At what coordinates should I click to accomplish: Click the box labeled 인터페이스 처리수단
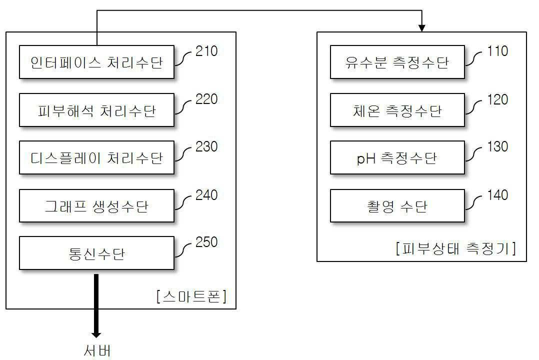96,62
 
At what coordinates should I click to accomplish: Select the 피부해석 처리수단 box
96,110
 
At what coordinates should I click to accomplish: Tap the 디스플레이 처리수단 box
96,158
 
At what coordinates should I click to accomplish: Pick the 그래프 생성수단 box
96,205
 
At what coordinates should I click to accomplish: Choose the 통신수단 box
96,253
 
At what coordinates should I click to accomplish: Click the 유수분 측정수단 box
397,62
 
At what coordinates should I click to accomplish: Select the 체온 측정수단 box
397,110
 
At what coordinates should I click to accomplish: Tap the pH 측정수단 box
397,158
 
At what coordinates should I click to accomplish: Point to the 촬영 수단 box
397,205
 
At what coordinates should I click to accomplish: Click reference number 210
206,51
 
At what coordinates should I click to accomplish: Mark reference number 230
206,147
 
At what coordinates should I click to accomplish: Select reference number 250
206,242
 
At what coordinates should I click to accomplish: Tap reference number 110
497,51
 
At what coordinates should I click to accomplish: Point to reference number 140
497,195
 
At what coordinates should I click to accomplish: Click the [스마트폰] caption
191,296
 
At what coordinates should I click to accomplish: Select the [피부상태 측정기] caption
455,248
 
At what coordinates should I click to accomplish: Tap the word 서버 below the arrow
96,350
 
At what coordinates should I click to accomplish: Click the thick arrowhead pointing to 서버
96,333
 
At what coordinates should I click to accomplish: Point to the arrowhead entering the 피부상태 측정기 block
422,28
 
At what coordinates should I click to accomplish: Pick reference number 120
497,99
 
